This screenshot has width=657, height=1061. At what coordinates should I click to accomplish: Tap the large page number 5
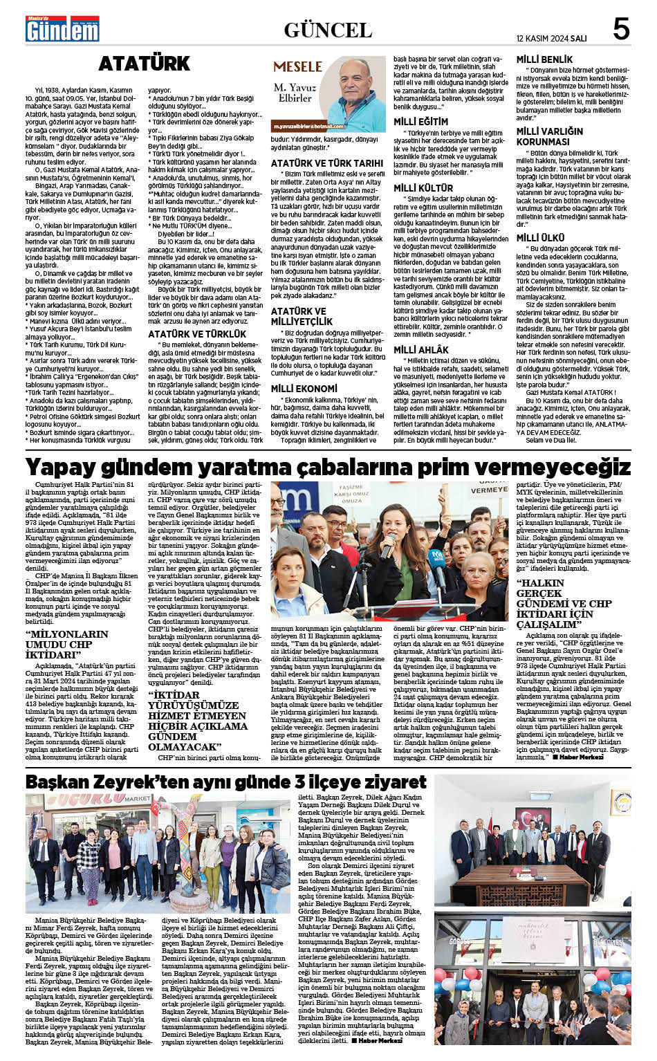pos(620,30)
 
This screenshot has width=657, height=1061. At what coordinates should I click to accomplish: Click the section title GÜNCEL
pos(328,30)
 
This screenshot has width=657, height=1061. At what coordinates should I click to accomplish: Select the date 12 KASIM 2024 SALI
pos(551,38)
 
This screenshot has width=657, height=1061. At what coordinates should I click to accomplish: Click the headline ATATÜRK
pos(144,64)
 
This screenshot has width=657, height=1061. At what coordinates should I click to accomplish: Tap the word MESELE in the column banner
pos(297,67)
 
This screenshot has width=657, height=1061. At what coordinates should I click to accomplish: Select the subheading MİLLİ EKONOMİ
pos(304,389)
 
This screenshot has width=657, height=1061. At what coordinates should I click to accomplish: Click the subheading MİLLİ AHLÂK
pos(421,350)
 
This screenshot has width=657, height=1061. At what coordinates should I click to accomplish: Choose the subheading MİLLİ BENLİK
pos(545,60)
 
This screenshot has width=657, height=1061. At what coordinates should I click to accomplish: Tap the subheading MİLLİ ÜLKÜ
pos(540,238)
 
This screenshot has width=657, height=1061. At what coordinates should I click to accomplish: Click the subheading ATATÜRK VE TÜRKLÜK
pos(187,334)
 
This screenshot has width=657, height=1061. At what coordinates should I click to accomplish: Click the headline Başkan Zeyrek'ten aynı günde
pos(225,782)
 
